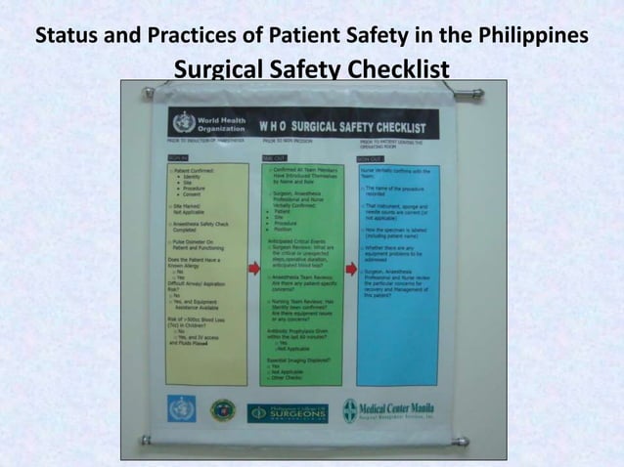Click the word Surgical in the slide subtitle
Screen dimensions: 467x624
point(218,70)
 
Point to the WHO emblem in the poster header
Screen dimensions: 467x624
point(180,124)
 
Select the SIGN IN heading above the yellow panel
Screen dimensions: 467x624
point(178,156)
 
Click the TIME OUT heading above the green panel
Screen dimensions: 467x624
point(271,156)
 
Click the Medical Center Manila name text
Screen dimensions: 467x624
point(400,406)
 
